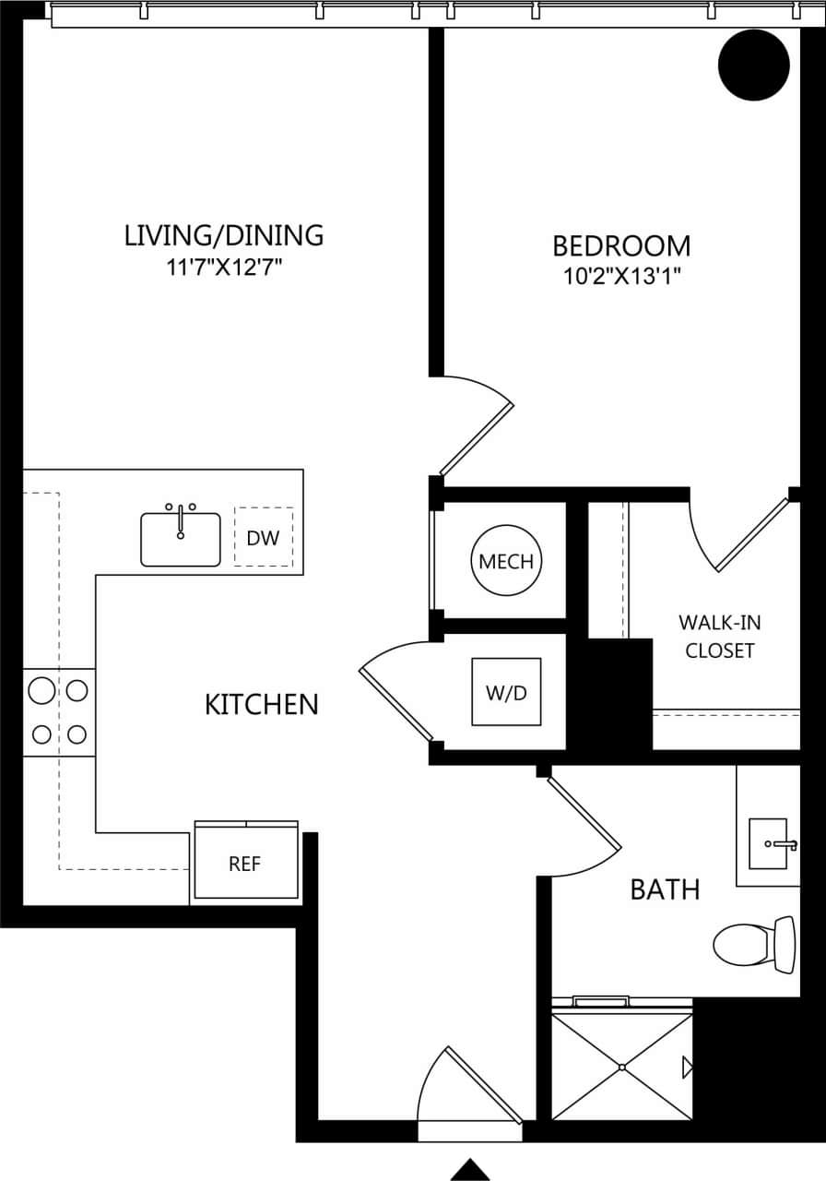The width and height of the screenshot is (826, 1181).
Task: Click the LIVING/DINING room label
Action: (x=224, y=235)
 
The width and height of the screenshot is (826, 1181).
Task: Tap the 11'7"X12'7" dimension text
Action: (x=224, y=268)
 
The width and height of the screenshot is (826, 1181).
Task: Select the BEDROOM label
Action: (x=620, y=245)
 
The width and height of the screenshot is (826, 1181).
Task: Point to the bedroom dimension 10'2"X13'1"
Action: (x=620, y=275)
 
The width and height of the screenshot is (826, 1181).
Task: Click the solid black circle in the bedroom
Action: (x=754, y=65)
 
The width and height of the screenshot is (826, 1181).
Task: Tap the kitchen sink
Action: (x=181, y=539)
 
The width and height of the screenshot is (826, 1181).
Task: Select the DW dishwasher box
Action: (x=263, y=537)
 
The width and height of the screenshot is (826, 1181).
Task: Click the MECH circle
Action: (x=506, y=561)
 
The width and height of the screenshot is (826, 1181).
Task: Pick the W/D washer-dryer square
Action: (x=506, y=692)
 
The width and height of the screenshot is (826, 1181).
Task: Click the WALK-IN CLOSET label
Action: (x=720, y=636)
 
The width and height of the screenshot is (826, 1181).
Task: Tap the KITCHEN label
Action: (x=261, y=705)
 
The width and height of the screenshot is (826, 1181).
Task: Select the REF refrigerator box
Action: (x=245, y=864)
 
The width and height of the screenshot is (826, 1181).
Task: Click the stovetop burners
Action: (x=59, y=711)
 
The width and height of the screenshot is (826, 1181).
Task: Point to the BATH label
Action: (x=665, y=889)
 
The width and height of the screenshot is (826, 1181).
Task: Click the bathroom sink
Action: (x=769, y=843)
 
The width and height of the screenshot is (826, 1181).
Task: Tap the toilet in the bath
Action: (x=751, y=945)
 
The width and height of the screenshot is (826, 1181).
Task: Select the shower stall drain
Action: (x=622, y=1068)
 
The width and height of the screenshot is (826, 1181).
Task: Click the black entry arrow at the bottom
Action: (x=469, y=1169)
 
